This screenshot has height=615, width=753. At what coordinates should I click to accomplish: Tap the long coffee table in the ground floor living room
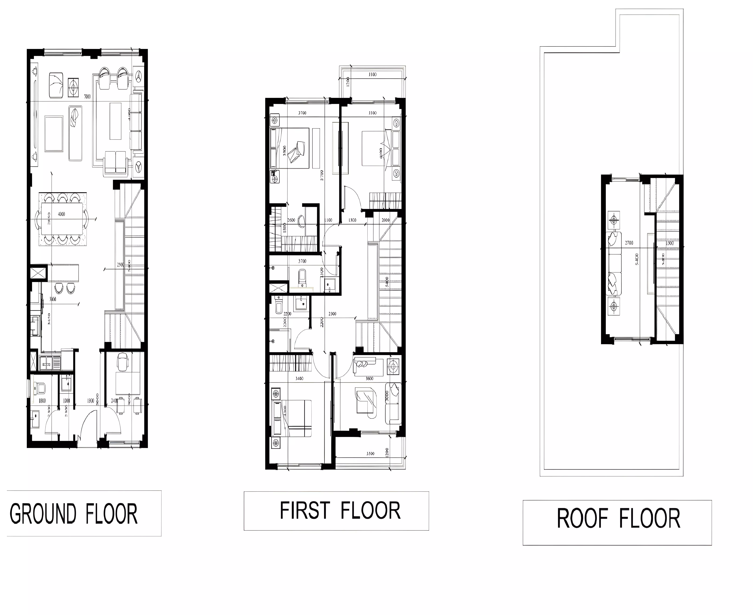[x=115, y=121]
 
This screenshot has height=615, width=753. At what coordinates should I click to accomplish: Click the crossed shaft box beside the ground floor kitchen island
[x=38, y=273]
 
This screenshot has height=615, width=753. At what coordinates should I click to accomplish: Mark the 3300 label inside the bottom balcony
[x=370, y=453]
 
